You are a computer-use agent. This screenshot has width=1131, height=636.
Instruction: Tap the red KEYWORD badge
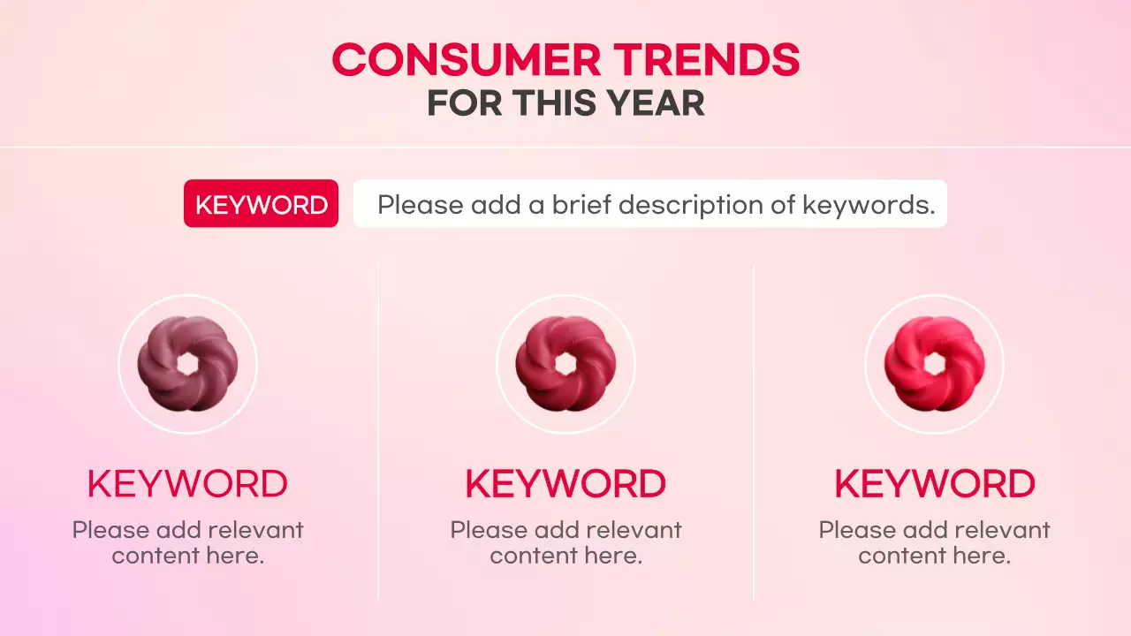[261, 204]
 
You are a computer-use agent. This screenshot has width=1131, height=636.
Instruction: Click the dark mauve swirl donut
[187, 364]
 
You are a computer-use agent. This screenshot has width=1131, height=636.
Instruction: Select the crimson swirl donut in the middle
[565, 364]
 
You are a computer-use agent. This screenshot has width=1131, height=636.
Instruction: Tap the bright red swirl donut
[934, 364]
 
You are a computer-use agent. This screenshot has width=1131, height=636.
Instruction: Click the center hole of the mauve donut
[187, 364]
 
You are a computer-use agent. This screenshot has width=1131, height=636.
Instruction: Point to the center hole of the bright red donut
[934, 364]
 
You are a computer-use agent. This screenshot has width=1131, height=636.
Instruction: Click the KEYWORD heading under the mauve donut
[187, 484]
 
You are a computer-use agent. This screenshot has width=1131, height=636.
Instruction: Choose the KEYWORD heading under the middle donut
[565, 484]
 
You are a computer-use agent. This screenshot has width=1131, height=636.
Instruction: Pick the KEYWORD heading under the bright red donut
[934, 484]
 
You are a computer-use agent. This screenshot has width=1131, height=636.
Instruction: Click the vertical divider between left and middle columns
[378, 433]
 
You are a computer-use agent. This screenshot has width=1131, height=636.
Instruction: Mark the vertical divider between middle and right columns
[754, 433]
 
